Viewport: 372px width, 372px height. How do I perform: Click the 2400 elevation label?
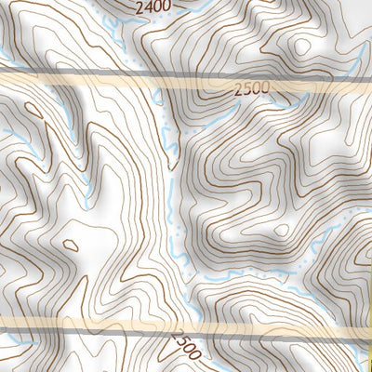click(153, 8)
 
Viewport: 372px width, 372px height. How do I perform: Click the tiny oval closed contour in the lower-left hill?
click(70, 246)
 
